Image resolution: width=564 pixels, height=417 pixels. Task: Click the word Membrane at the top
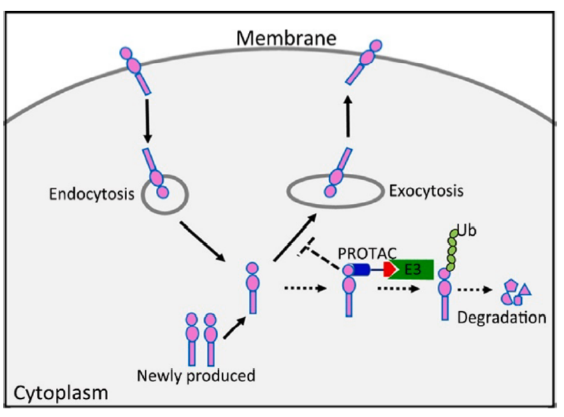click(x=286, y=38)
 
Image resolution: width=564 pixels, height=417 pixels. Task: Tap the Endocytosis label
click(x=92, y=194)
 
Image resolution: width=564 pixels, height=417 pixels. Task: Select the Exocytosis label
click(x=426, y=191)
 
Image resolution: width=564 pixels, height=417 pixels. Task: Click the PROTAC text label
click(x=367, y=254)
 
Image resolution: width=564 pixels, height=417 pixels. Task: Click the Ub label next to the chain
click(x=467, y=230)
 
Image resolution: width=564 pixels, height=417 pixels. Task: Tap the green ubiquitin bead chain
click(x=452, y=250)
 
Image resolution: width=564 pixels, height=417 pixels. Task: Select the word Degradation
click(x=502, y=318)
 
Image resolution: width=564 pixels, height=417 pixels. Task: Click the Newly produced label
click(x=196, y=376)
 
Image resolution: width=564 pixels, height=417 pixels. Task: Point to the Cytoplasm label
click(x=61, y=394)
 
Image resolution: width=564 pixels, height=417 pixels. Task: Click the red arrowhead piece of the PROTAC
click(x=389, y=270)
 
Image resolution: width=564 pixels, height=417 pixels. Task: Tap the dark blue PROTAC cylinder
click(x=361, y=270)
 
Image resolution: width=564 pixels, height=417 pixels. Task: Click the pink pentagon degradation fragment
click(x=510, y=287)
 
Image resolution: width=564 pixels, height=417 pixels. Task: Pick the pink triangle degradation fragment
click(x=525, y=290)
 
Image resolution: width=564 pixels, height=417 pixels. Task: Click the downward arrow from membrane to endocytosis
click(x=148, y=120)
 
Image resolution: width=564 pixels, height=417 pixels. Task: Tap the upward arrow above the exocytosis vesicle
click(x=348, y=116)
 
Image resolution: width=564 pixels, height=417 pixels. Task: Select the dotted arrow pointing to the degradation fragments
click(x=475, y=290)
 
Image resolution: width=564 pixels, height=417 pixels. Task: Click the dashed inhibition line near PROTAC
click(x=320, y=253)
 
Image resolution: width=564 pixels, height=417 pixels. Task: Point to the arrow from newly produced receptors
click(x=235, y=328)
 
